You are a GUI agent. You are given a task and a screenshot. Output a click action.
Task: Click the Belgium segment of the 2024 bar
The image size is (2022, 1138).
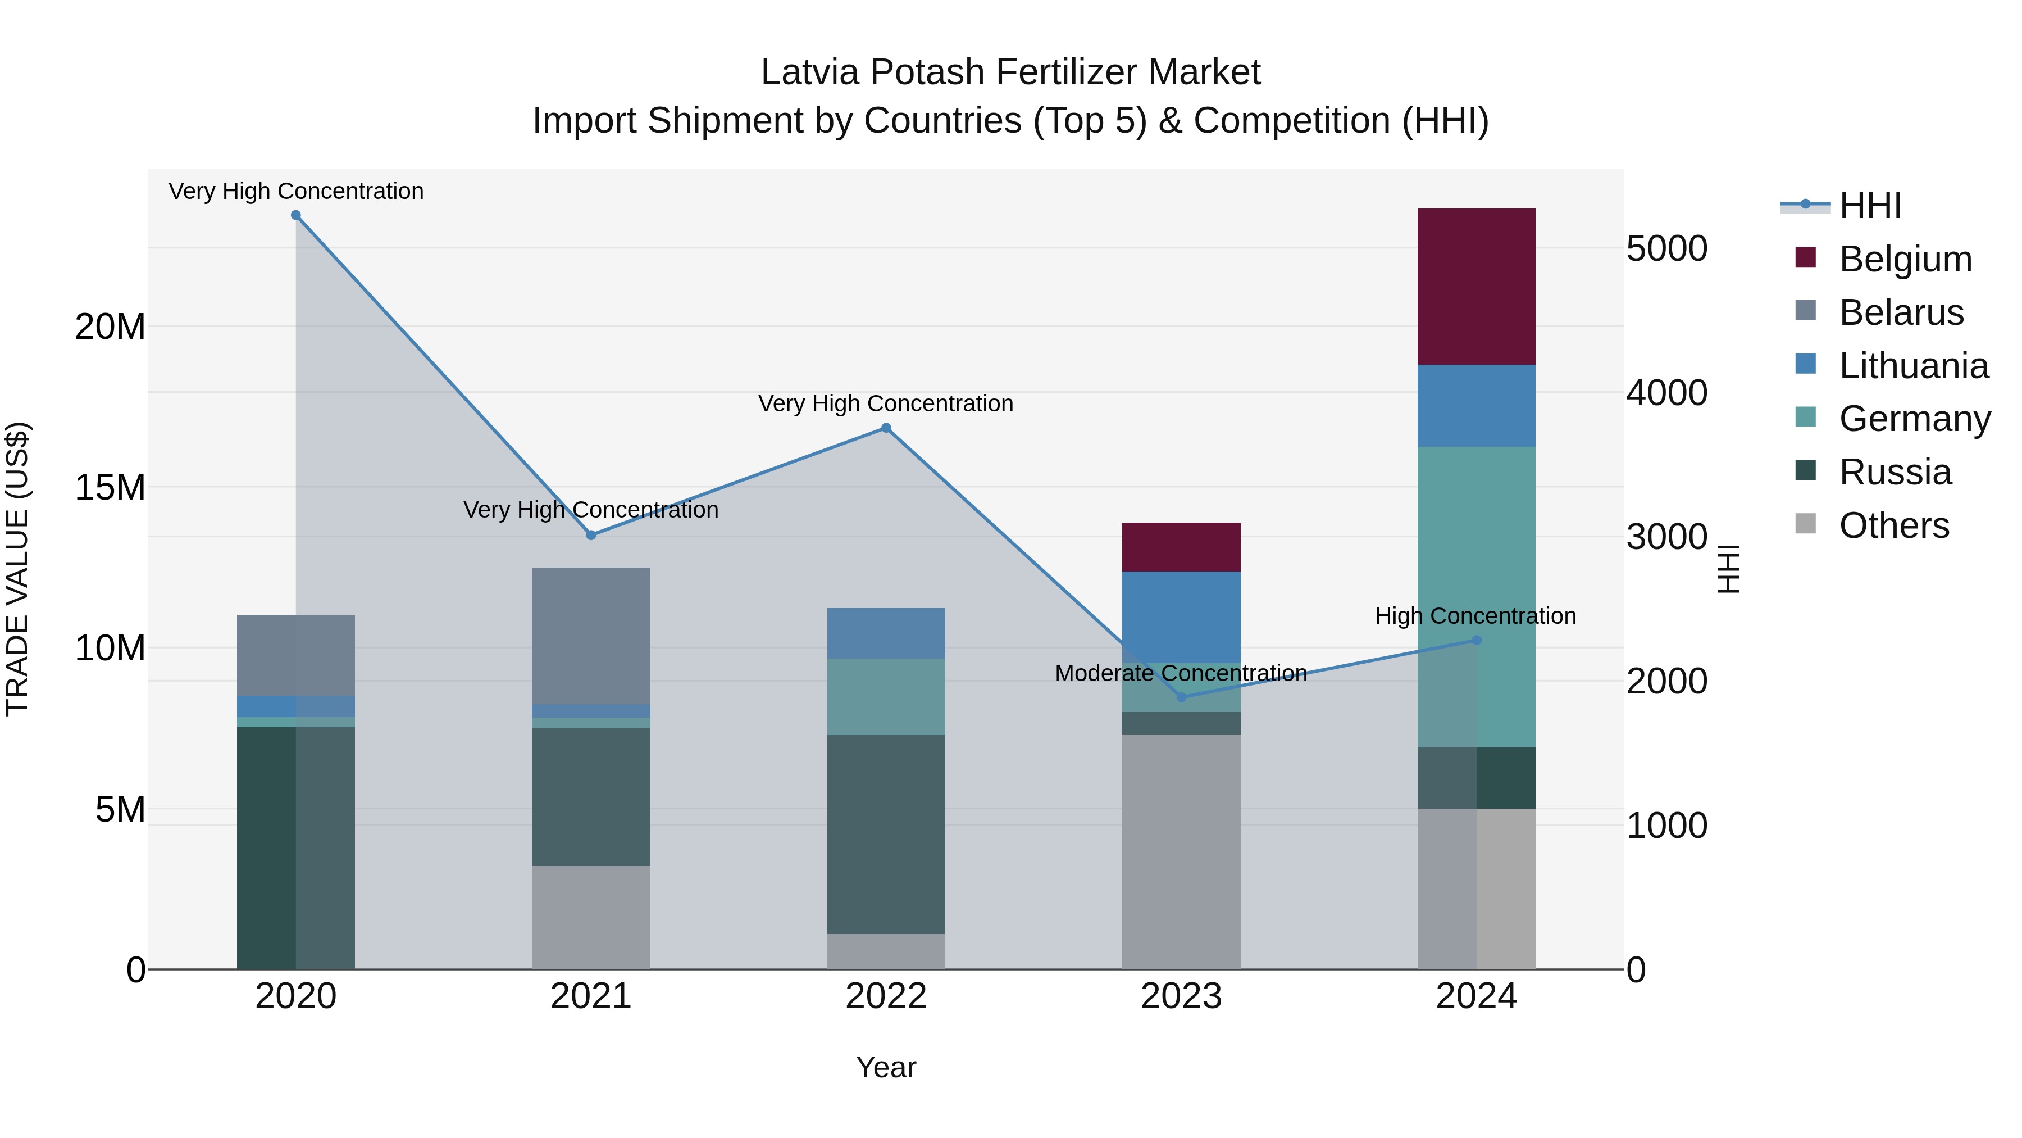click(x=1475, y=287)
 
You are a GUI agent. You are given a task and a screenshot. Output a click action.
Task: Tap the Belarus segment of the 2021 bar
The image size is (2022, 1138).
click(x=591, y=636)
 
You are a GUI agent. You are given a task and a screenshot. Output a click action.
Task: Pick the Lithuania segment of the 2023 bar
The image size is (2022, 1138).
click(x=1181, y=616)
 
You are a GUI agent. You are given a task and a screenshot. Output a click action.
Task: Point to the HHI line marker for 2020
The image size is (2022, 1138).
click(x=296, y=215)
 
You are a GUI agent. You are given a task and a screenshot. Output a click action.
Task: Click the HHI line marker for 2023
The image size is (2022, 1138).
click(x=1181, y=697)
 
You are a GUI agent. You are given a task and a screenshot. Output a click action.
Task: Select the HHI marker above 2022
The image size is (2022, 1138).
click(x=886, y=428)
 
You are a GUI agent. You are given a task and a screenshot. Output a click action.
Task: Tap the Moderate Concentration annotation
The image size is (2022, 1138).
click(x=1181, y=674)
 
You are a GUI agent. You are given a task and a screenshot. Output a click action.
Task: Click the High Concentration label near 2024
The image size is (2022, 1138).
click(x=1475, y=616)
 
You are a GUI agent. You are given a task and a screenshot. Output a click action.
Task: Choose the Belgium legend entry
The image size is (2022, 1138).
click(x=1905, y=259)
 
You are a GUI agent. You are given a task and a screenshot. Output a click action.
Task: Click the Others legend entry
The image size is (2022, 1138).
click(x=1893, y=525)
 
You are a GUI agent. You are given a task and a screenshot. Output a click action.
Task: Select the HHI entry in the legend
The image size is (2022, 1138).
click(x=1870, y=206)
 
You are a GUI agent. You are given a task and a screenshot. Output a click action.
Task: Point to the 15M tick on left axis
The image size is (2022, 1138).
click(x=110, y=488)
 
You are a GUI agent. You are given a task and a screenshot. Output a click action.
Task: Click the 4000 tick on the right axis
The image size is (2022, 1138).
click(x=1666, y=393)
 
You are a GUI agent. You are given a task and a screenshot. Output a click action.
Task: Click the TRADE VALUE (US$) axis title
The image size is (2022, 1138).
click(x=17, y=569)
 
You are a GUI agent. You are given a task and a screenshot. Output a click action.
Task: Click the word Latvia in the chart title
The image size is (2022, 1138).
click(x=809, y=72)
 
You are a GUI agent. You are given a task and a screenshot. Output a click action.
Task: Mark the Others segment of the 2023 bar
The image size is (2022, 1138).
click(x=1181, y=852)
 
